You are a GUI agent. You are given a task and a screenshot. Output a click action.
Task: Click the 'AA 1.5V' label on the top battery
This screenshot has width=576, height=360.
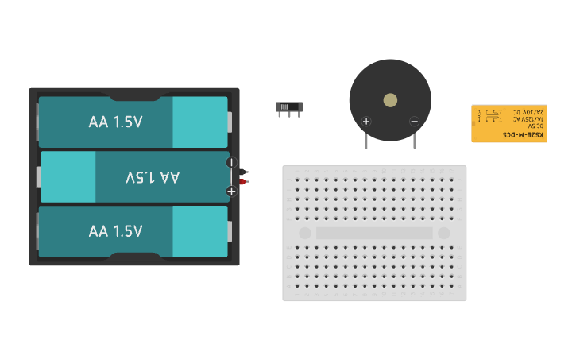[x=115, y=122]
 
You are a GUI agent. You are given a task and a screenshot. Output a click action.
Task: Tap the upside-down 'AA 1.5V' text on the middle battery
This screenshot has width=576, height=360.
[x=153, y=177]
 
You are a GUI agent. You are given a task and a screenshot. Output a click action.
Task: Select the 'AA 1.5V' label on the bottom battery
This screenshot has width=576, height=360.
[x=115, y=231]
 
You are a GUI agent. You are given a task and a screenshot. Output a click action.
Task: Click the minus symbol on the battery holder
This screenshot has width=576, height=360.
[x=231, y=162]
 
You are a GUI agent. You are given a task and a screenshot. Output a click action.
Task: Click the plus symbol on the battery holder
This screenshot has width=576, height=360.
[x=231, y=191]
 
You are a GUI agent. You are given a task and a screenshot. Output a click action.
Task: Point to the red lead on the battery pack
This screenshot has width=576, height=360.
[x=245, y=182]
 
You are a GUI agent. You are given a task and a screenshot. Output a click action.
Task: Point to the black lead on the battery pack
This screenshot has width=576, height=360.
[x=245, y=172]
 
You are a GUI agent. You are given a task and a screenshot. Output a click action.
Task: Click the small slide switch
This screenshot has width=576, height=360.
[x=290, y=106]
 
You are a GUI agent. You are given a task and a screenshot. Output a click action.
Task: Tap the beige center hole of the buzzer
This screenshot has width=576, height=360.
[x=390, y=100]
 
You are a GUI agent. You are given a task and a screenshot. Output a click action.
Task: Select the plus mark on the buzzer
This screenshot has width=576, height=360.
[x=366, y=122]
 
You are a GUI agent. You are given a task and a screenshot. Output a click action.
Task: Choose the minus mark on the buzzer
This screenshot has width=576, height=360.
[x=414, y=122]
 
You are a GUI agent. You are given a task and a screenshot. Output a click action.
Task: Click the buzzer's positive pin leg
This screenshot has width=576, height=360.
[x=366, y=141]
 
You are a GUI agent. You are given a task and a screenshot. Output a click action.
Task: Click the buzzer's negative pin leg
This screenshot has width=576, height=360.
[x=414, y=141]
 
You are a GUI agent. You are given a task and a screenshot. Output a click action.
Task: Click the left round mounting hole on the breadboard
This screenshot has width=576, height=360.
[x=304, y=234]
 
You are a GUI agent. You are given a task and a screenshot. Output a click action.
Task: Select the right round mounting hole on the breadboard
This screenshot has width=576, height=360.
[x=443, y=234]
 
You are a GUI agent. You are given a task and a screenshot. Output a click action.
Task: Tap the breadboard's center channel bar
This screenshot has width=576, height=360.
[x=374, y=234]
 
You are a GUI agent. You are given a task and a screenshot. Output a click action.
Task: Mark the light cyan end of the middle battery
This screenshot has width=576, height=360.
[x=68, y=177]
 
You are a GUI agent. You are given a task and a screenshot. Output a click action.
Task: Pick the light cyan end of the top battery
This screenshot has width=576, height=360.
[x=199, y=122]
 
